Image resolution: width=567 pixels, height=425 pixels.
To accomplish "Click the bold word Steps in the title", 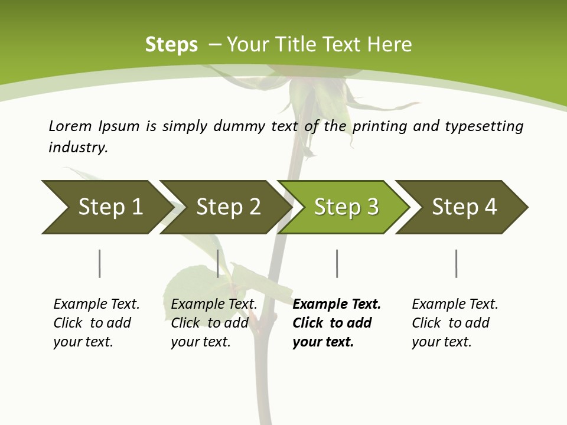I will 171,45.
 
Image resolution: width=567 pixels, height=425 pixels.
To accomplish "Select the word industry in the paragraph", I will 78,147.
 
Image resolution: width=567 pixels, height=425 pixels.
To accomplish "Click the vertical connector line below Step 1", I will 100,263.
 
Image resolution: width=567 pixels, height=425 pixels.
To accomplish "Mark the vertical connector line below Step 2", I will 218,263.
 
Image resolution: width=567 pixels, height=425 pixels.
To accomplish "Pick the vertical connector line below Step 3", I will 337,263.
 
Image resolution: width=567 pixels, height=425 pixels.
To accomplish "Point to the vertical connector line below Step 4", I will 456,263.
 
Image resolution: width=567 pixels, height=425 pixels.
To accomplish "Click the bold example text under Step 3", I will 336,323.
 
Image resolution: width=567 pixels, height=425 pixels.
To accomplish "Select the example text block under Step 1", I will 96,323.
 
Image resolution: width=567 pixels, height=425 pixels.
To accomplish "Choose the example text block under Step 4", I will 454,323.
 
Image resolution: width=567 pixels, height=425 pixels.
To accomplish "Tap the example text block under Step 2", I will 214,323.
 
